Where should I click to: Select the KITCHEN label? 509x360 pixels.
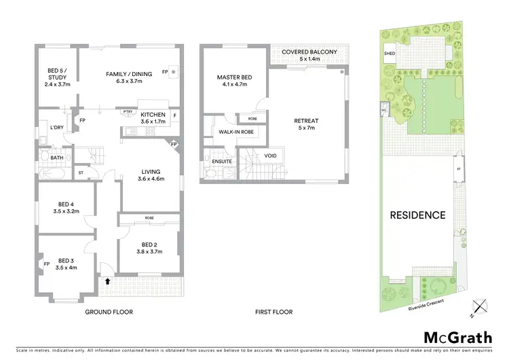[153, 115]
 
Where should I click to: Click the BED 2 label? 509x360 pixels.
[149, 246]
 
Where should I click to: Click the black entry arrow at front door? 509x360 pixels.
[107, 278]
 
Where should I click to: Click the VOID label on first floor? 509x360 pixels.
[271, 156]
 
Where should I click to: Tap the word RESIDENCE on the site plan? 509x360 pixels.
[417, 215]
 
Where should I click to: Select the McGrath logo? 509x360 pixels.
[458, 338]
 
